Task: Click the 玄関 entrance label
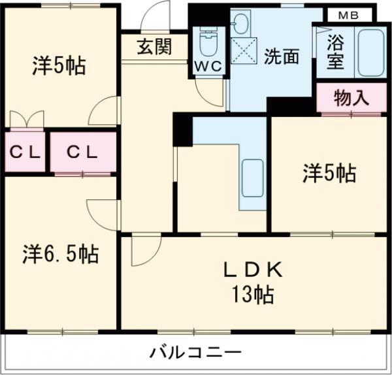[x=155, y=48]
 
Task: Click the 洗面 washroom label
[x=281, y=57]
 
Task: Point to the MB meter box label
[x=347, y=13]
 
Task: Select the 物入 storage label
[x=351, y=99]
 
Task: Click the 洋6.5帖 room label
[x=61, y=253]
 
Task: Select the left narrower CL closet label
[x=24, y=152]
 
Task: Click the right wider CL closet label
[x=82, y=152]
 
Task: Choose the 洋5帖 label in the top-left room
[x=59, y=66]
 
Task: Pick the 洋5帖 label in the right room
[x=329, y=173]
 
